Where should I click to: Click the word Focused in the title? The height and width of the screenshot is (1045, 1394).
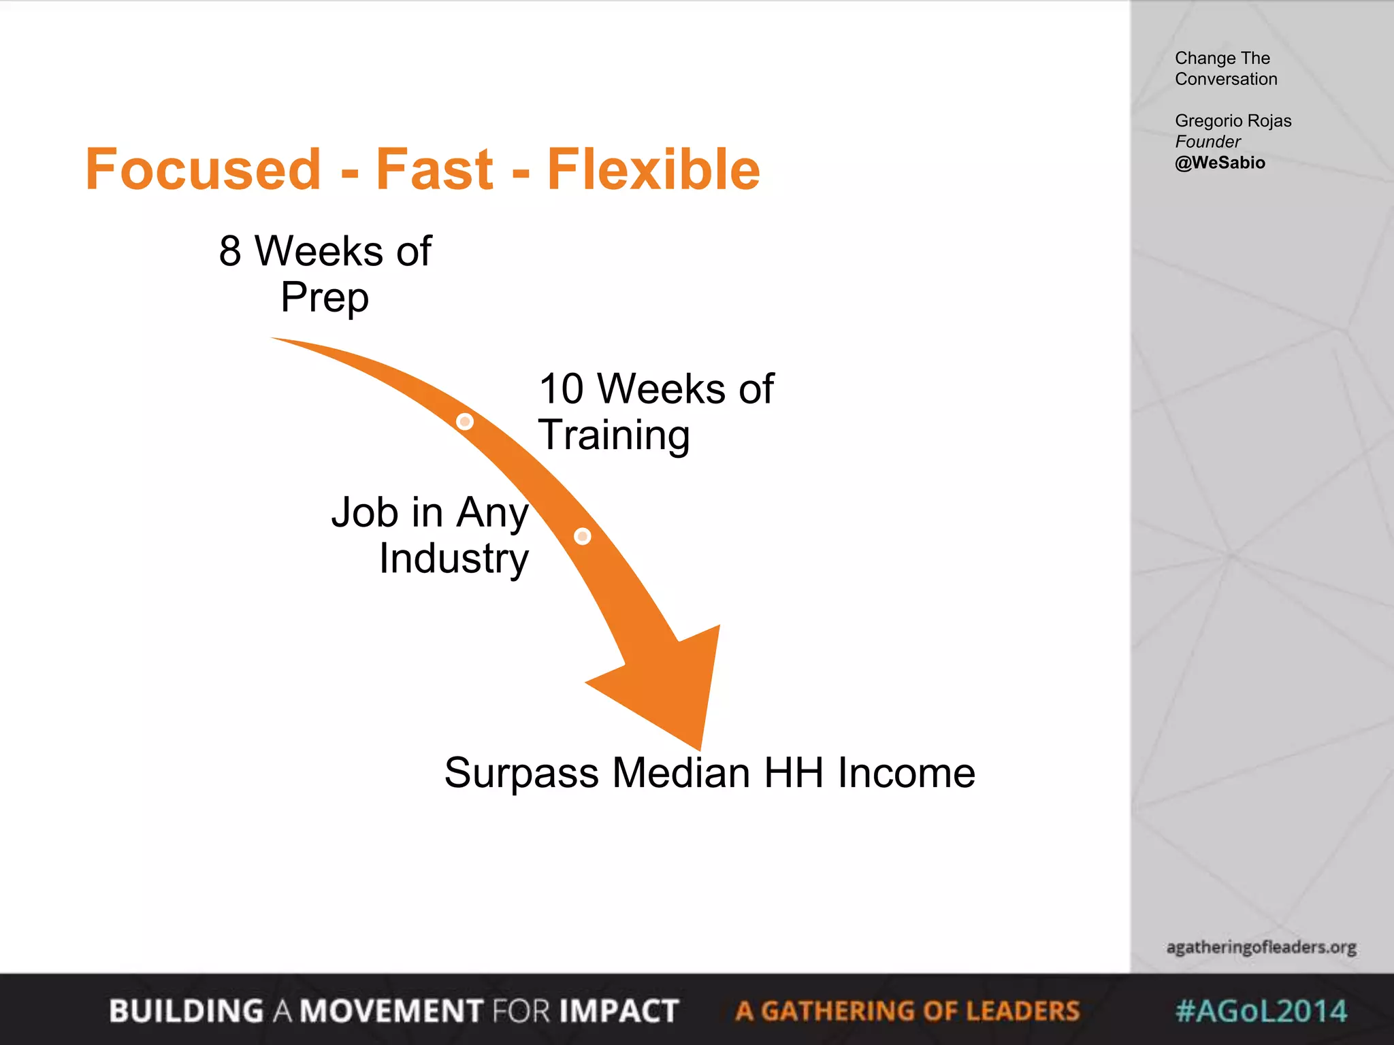coord(203,169)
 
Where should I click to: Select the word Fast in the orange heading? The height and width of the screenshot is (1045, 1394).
coord(434,169)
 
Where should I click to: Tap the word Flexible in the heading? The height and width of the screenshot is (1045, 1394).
coord(653,169)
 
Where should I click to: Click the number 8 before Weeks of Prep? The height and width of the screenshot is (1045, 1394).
coord(230,251)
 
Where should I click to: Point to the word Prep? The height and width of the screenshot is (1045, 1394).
coord(325,297)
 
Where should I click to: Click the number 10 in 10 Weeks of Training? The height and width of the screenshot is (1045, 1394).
coord(562,389)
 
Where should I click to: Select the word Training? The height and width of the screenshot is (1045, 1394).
coord(614,435)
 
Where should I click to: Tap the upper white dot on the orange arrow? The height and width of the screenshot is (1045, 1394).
coord(465,422)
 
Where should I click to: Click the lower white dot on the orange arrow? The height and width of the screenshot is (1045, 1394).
coord(583,536)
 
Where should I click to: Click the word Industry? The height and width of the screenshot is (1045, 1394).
coord(454,559)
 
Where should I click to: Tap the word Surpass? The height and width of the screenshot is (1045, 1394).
coord(521,774)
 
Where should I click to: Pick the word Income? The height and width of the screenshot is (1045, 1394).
coord(907,774)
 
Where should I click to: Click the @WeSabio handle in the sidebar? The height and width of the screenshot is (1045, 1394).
coord(1220,163)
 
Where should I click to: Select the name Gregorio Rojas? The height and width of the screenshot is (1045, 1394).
coord(1233,120)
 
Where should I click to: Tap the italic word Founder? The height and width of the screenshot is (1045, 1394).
coord(1207,142)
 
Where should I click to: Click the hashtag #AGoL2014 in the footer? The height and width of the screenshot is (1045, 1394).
coord(1261,1011)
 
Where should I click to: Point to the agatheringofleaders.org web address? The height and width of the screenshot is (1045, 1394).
coord(1261,947)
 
